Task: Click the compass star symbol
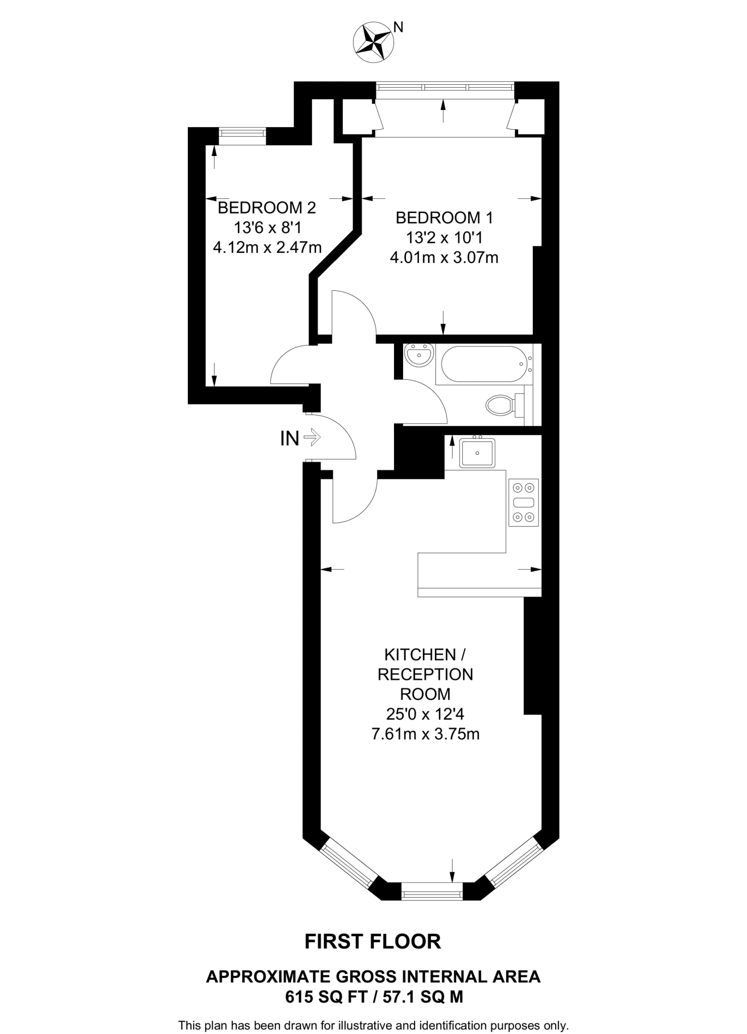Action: (x=373, y=43)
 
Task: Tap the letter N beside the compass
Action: (x=399, y=27)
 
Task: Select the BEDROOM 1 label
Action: (x=444, y=218)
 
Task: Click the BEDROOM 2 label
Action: (x=267, y=208)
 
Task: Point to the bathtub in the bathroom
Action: (x=484, y=364)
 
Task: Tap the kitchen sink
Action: (x=477, y=452)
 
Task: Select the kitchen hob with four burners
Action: (x=523, y=502)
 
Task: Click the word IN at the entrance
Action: (x=289, y=438)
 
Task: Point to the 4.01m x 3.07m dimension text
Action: (x=444, y=257)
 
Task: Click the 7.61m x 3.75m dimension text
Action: (x=425, y=734)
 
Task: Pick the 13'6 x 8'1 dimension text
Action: (x=267, y=228)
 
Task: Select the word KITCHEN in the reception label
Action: (x=420, y=655)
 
